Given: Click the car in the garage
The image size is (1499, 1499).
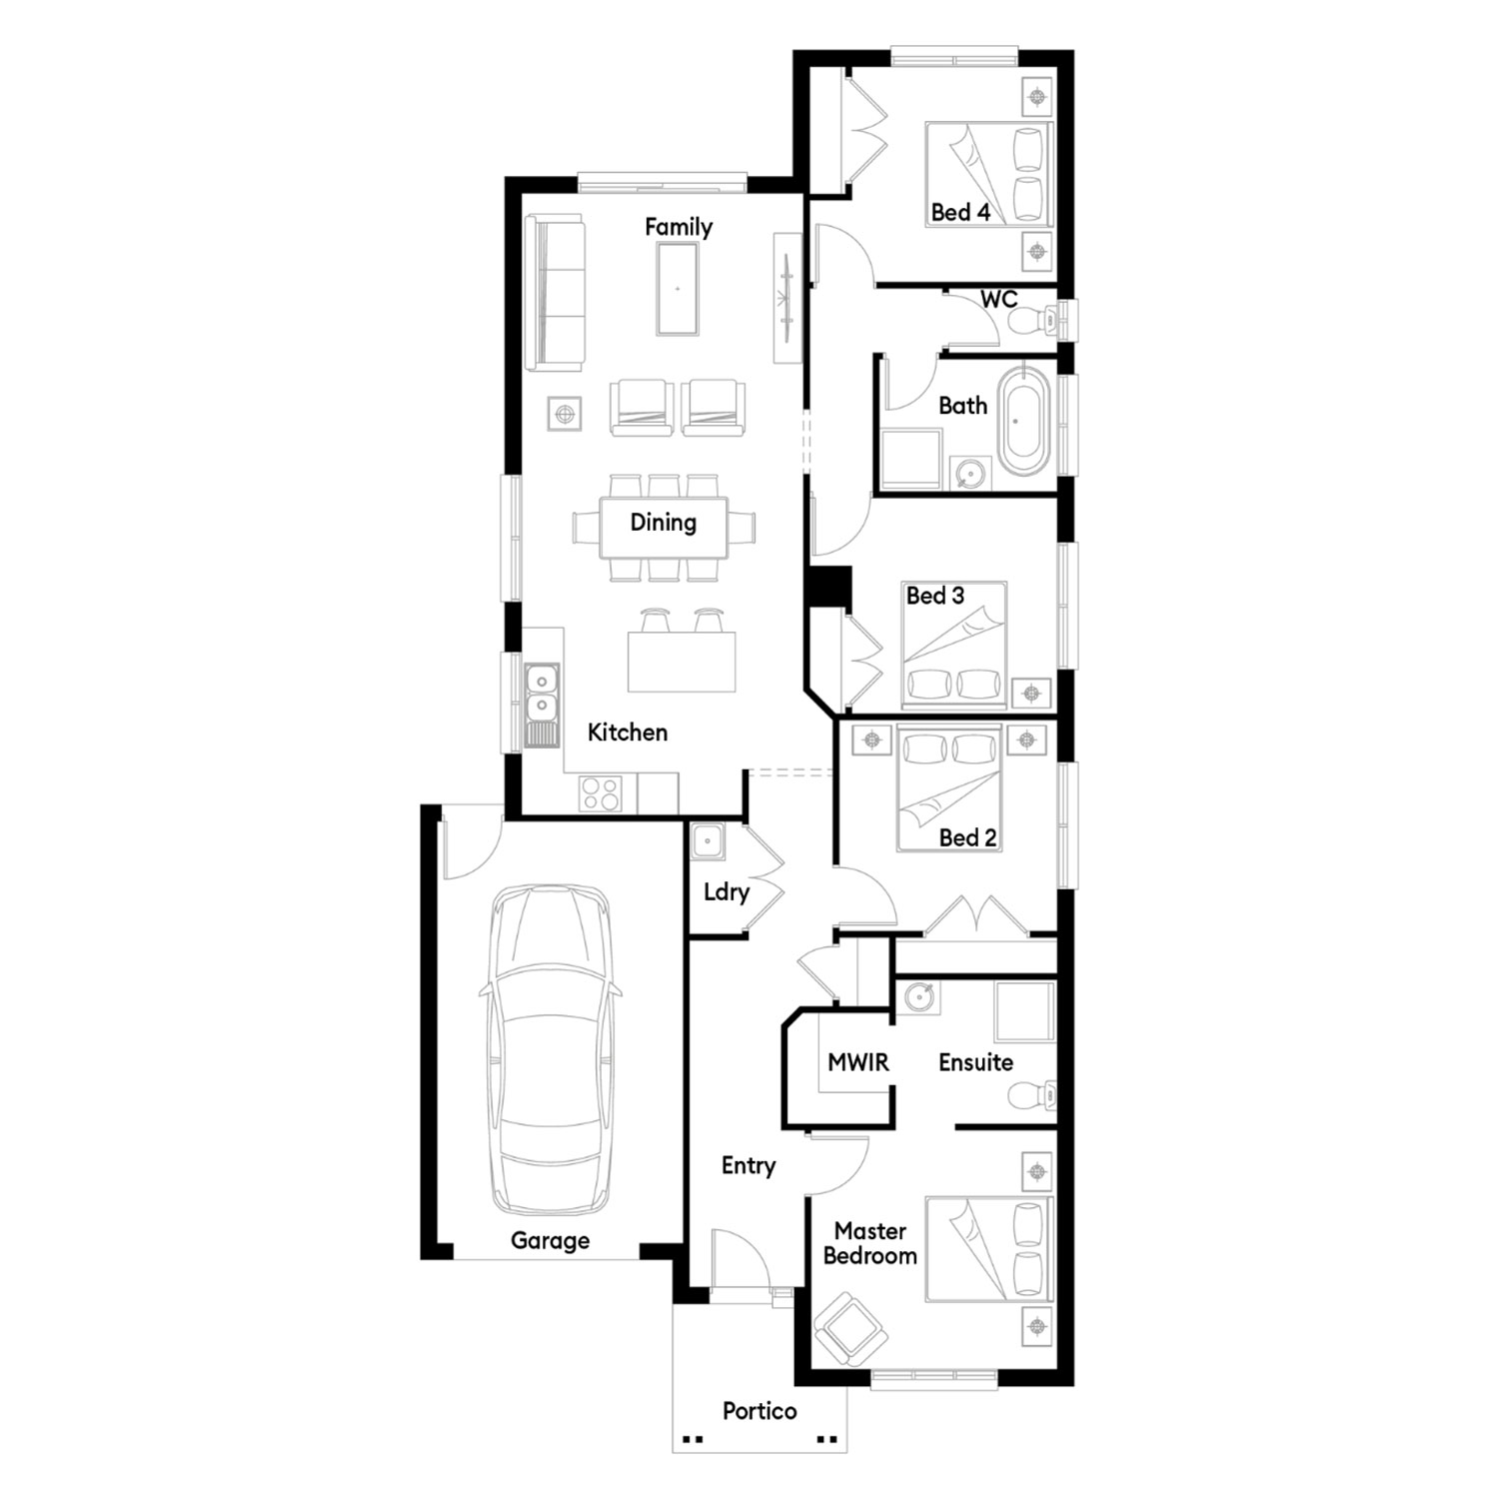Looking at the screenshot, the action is [550, 1050].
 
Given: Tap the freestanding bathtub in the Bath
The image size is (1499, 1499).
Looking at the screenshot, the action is [1024, 422].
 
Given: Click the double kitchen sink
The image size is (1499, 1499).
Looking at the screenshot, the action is [541, 694].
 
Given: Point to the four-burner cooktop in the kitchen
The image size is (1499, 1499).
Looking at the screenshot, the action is [600, 793].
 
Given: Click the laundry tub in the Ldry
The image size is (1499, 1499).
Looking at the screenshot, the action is [709, 841].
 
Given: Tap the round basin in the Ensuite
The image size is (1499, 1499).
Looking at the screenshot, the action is [919, 997].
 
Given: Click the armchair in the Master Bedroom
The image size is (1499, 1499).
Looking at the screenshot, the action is [849, 1330].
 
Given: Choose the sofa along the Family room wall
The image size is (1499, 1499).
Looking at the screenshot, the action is [555, 294].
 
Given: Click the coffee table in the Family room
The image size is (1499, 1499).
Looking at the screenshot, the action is [678, 289].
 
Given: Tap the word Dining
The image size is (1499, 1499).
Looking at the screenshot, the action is [664, 522].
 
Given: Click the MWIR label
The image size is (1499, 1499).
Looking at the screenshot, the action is [858, 1062].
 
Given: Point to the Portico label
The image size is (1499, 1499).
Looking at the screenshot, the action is [759, 1411].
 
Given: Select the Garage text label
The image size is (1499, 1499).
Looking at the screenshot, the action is [550, 1241].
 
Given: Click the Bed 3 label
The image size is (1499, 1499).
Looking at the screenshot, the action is [935, 596].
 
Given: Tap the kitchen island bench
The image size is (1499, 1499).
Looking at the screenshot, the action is [682, 662].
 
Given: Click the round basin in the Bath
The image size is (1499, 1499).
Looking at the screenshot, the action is [967, 472].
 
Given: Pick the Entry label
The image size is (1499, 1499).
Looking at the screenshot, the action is [749, 1166].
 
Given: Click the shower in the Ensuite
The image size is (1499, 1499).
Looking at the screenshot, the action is [1024, 1012].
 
